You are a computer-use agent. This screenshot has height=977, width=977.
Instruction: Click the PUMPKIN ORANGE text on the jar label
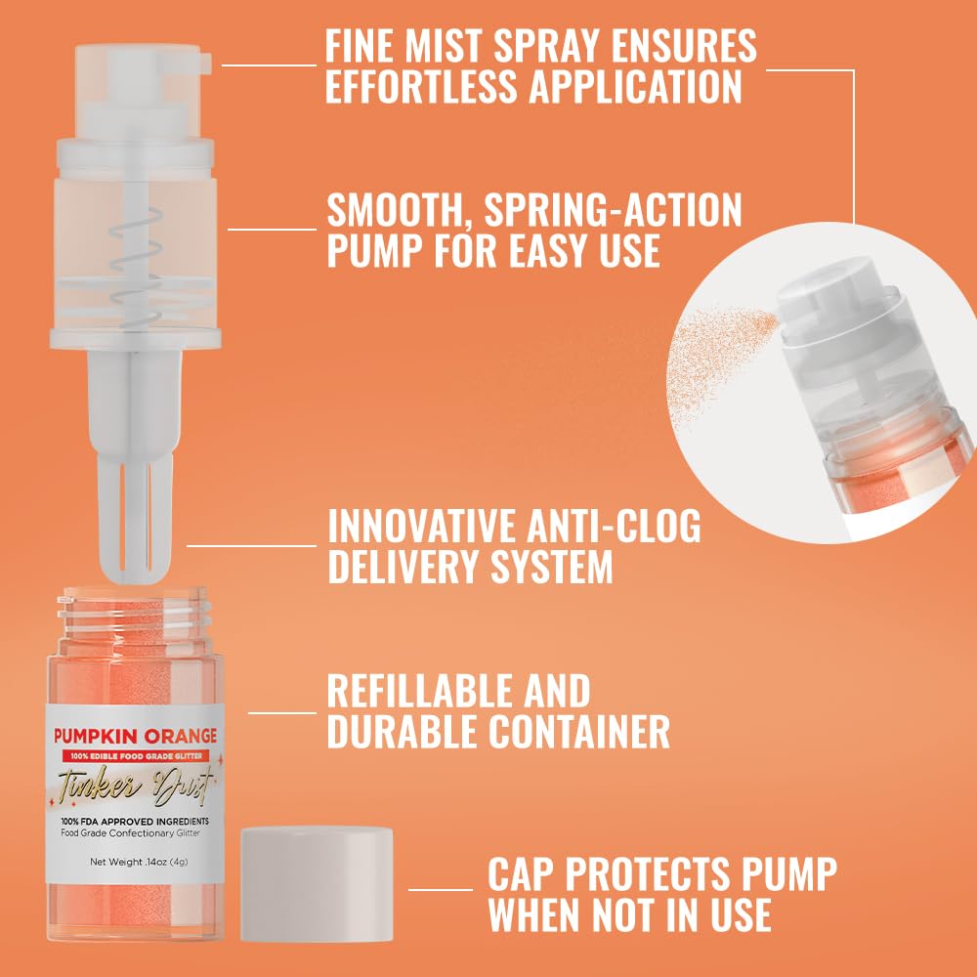(x=135, y=735)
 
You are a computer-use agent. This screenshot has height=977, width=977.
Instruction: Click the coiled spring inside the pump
(x=133, y=264)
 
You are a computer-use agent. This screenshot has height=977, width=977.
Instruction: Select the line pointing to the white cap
(x=440, y=889)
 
